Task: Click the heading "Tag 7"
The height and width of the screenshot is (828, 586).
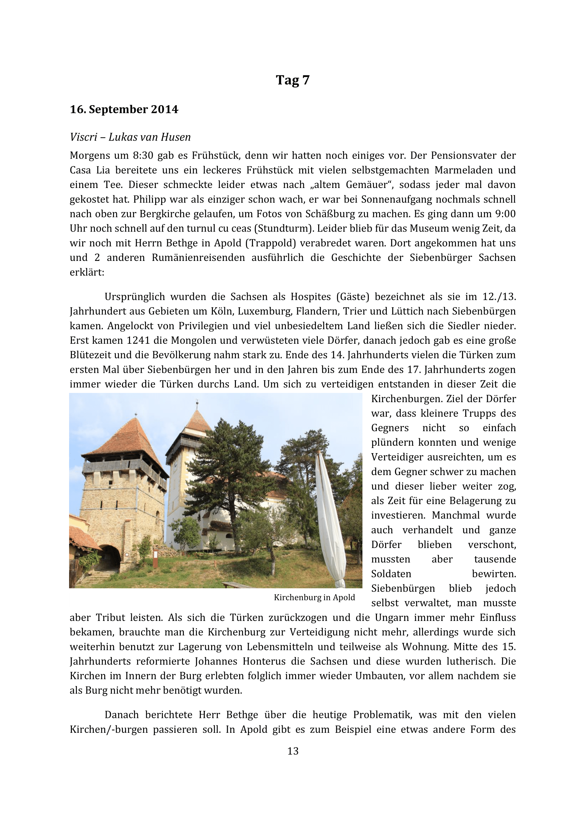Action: pos(293,80)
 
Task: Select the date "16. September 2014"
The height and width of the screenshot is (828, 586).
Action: pos(124,109)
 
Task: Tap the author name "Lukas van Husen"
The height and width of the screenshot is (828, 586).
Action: pos(150,137)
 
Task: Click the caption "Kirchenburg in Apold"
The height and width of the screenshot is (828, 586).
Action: pos(314,598)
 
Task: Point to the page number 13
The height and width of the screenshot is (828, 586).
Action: pos(293,751)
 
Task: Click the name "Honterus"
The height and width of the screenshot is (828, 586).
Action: pos(266,661)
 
